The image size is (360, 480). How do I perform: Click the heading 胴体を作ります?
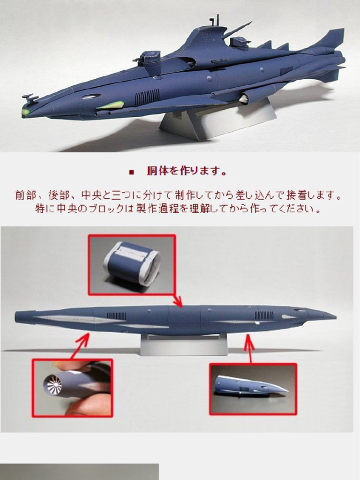point(187,172)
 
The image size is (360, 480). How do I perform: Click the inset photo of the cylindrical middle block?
point(132,265)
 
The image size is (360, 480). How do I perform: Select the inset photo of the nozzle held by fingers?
point(72,387)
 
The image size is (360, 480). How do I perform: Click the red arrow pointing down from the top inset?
point(177,300)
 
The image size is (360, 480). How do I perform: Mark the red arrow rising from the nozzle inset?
point(81,345)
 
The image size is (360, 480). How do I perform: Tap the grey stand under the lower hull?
point(184,345)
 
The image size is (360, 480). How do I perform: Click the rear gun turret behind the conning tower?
point(240,43)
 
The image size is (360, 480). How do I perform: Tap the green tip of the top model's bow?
point(25,112)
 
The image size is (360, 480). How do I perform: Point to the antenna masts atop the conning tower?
point(214,20)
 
